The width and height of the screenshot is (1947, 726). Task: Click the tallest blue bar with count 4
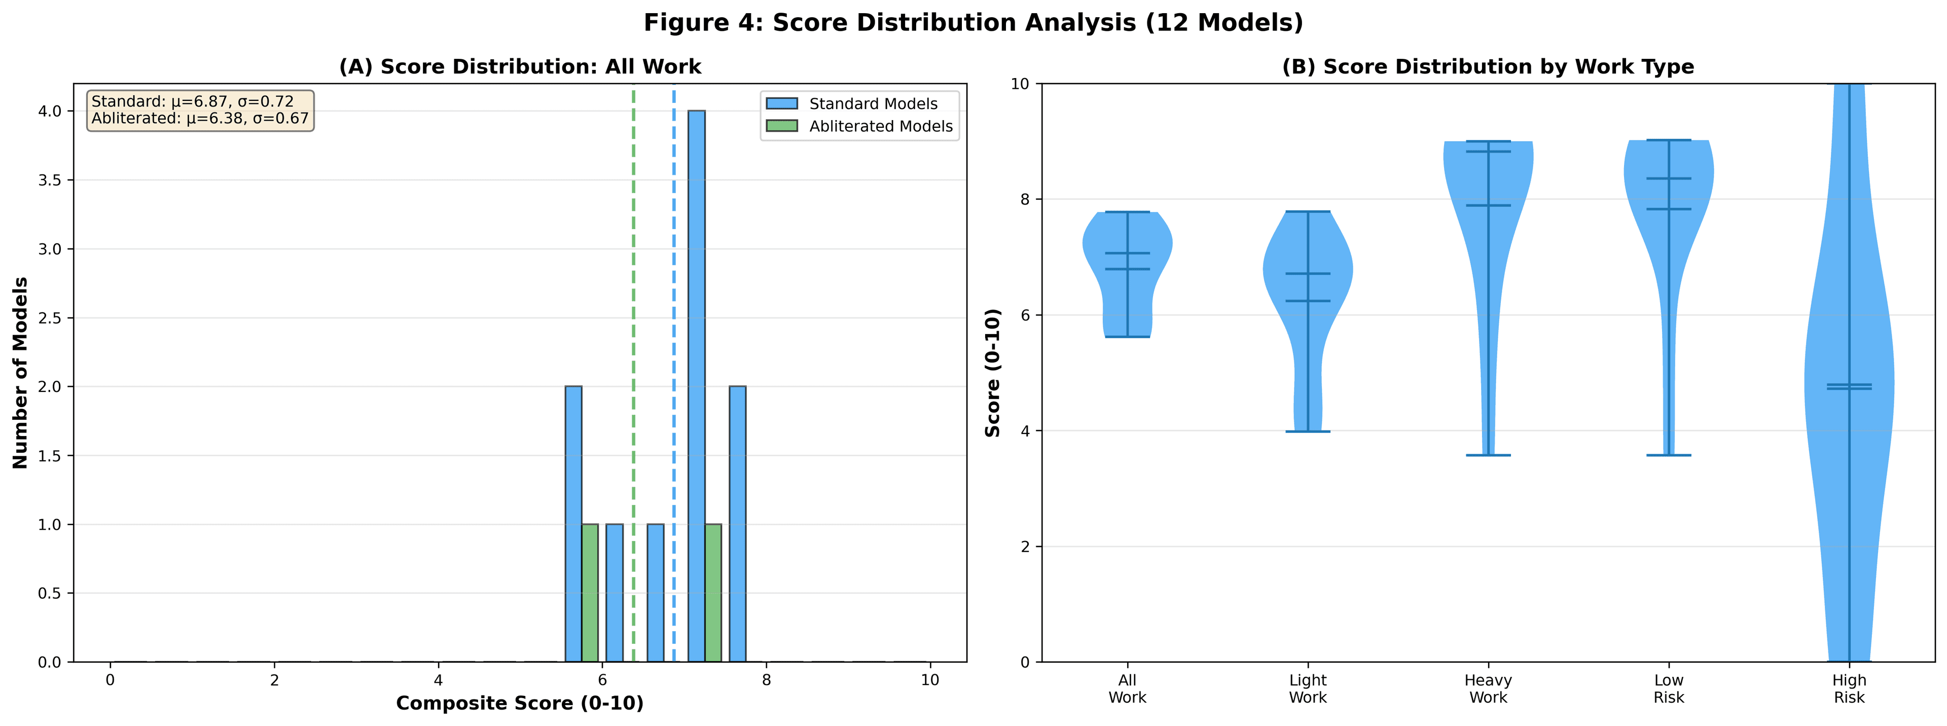696,385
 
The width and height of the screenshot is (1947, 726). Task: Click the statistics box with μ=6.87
200,111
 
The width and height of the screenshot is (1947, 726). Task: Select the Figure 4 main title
973,23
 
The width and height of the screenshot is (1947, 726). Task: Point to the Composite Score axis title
520,703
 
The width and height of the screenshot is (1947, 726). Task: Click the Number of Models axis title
20,373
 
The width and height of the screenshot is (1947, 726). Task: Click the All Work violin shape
1127,257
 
